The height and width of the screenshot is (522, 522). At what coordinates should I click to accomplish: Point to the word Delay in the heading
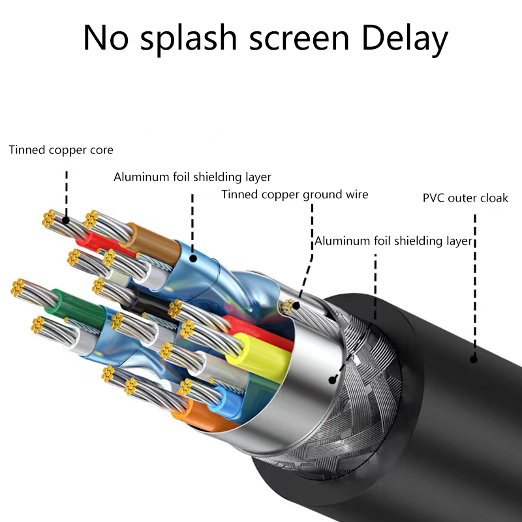pos(405,39)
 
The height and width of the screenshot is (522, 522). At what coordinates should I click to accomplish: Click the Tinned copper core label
pos(61,150)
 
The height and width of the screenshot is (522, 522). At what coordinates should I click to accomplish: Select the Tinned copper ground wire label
pos(295,194)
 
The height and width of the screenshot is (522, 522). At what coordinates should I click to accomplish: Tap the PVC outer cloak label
pos(465,198)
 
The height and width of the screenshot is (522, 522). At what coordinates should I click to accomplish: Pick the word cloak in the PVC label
pos(494,198)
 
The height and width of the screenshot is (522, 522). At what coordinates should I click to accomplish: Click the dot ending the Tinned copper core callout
pos(66,220)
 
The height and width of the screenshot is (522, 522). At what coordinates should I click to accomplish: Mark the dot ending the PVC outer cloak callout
pos(474,358)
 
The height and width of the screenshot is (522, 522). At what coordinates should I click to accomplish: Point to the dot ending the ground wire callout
pos(297,304)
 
